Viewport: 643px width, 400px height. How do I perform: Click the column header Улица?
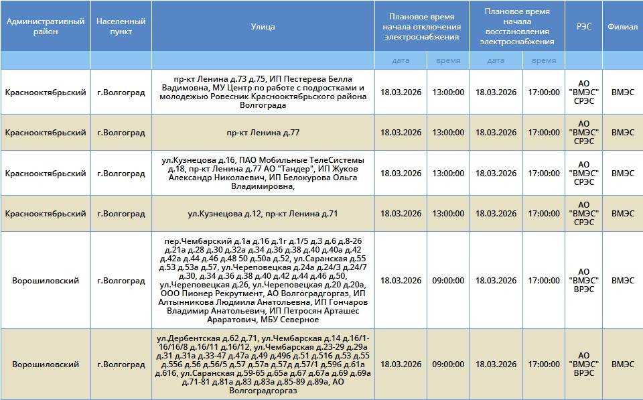click(x=263, y=26)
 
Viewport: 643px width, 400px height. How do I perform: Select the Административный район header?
click(x=46, y=26)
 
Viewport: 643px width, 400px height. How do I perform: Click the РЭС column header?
click(x=583, y=26)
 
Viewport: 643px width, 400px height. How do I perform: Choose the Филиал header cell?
click(x=622, y=26)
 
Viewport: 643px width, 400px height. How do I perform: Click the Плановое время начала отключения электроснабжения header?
click(x=422, y=26)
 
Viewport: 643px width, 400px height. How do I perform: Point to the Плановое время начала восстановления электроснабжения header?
click(x=517, y=26)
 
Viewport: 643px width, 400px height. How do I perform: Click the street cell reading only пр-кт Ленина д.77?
click(x=263, y=133)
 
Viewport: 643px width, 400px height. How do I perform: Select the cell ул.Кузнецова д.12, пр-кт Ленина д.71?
click(x=263, y=214)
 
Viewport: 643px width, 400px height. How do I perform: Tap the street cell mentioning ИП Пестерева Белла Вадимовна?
click(x=263, y=92)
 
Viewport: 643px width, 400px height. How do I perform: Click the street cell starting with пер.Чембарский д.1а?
click(x=263, y=281)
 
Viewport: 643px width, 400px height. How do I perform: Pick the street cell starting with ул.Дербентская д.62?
click(x=263, y=364)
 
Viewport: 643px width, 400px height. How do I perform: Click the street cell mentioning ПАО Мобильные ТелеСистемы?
click(x=263, y=174)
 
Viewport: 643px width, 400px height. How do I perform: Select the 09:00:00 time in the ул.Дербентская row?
click(x=448, y=364)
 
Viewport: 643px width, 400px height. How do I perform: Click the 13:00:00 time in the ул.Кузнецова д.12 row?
click(x=448, y=214)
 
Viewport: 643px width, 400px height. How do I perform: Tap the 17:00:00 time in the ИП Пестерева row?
click(x=544, y=92)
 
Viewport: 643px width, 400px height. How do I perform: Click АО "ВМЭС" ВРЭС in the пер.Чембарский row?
click(x=583, y=281)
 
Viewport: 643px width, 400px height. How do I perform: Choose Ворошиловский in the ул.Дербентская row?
click(x=46, y=364)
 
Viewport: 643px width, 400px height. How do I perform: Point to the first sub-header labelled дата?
click(x=401, y=60)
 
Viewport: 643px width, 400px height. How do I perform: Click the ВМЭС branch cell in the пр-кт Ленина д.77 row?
click(x=622, y=133)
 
